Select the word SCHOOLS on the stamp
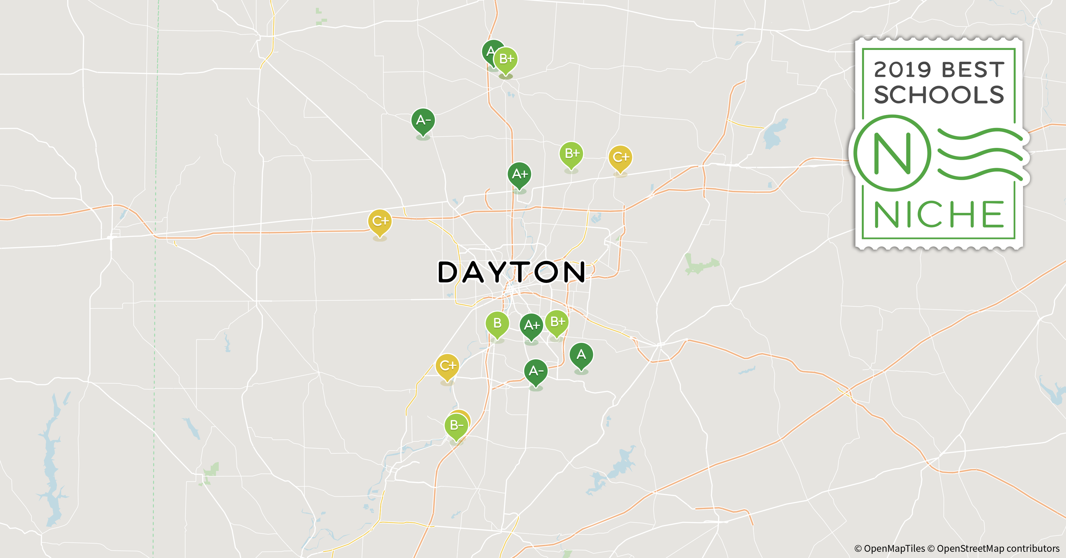tap(938, 95)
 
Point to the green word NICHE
tap(938, 214)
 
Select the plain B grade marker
tap(497, 323)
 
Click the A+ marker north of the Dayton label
tap(519, 174)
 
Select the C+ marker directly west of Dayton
tap(380, 221)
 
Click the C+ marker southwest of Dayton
tap(447, 366)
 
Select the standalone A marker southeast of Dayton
tap(581, 355)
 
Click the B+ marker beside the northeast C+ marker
tap(572, 153)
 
